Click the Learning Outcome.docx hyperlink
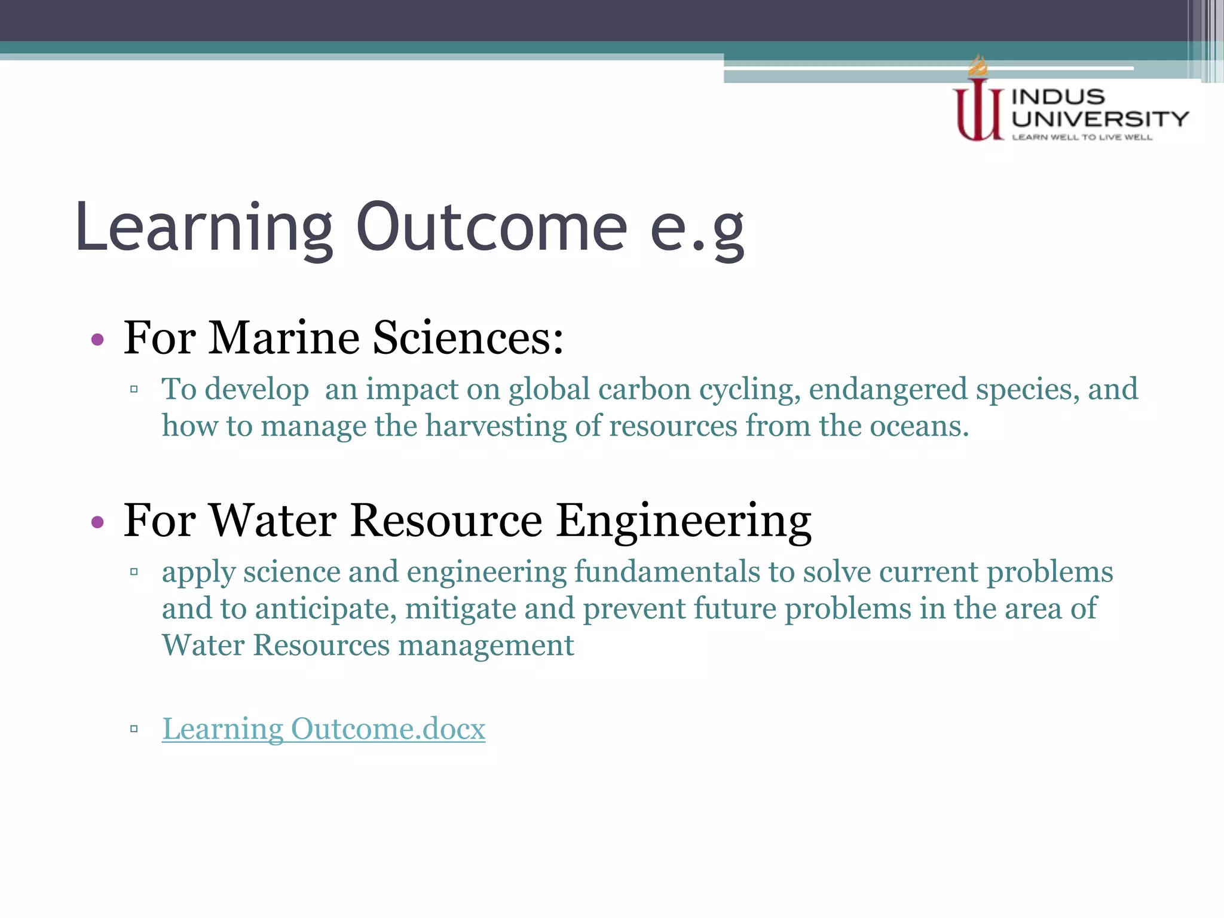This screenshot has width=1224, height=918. (323, 729)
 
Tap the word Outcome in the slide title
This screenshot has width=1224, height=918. (491, 228)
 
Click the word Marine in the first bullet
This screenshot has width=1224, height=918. (283, 338)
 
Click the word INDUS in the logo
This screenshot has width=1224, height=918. (1058, 97)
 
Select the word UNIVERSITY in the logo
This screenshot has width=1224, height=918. (1100, 119)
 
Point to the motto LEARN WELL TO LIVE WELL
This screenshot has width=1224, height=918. (1082, 137)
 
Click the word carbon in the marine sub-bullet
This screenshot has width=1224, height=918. (644, 390)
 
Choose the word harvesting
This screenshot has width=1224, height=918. (495, 426)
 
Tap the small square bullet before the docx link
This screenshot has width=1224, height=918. (134, 729)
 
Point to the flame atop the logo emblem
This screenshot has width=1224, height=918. (978, 66)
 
